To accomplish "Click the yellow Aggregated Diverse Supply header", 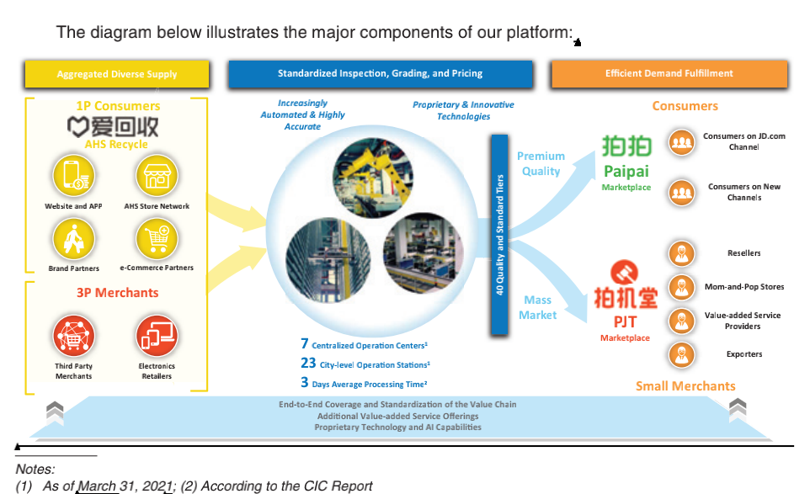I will [117, 74].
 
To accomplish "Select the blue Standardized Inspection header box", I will [380, 73].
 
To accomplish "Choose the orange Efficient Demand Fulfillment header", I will [669, 73].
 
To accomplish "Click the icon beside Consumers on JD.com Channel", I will [680, 142].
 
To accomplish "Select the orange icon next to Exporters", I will [680, 354].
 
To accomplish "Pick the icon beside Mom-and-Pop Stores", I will [680, 287].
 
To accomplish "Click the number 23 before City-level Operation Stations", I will [307, 364].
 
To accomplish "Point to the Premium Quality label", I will [541, 163].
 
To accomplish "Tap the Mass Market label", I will [538, 307].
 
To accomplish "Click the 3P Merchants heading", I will [117, 293].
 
